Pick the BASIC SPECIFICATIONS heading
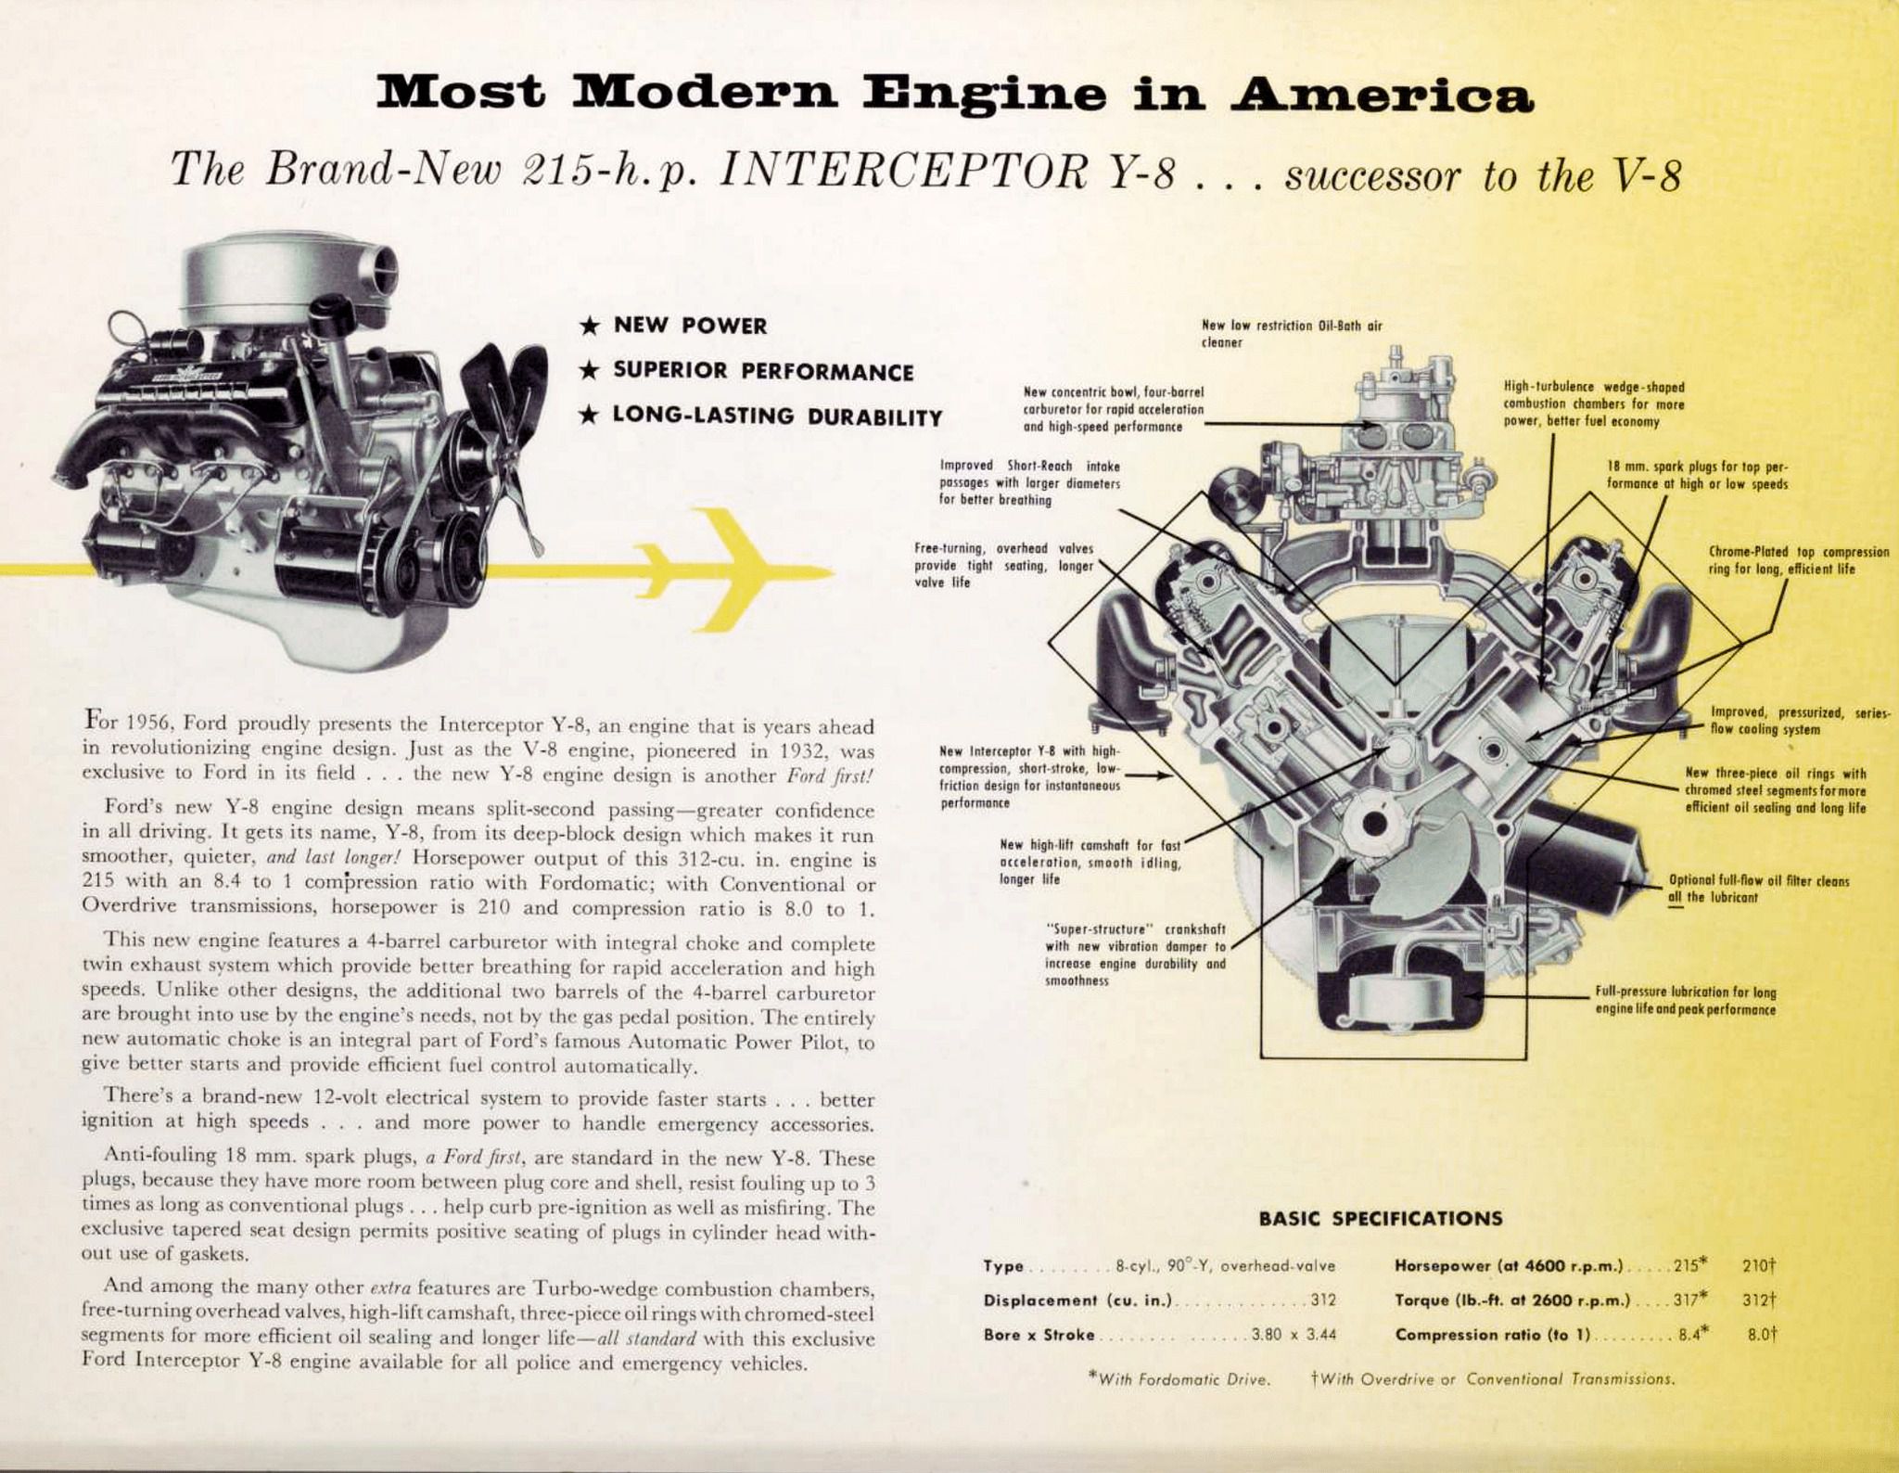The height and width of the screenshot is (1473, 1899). tap(1380, 1218)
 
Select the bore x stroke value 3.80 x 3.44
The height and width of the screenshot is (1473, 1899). tap(1293, 1336)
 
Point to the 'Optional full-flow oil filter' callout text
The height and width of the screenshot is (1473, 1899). tap(1759, 889)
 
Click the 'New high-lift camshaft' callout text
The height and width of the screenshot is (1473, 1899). tap(1090, 862)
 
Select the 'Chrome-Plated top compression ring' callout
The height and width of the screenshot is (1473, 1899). tap(1786, 560)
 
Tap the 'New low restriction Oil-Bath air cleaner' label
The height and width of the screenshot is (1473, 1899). tap(1292, 334)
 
